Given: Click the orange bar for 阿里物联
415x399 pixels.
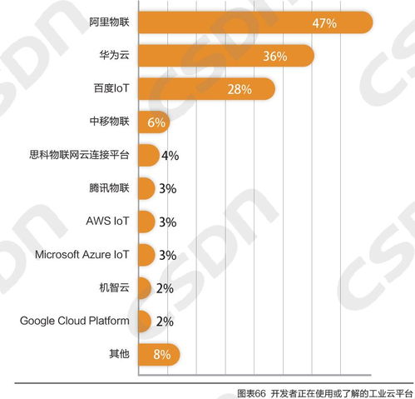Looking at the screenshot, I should (x=249, y=22).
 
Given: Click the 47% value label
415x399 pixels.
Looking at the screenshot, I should (x=324, y=23).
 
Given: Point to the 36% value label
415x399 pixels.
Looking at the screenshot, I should (x=274, y=56).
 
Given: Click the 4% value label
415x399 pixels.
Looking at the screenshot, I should (x=170, y=156).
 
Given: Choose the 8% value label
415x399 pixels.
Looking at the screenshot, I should (x=161, y=355).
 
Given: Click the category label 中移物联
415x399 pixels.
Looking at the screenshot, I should (x=110, y=122).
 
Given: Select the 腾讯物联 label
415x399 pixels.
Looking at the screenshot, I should (x=110, y=188).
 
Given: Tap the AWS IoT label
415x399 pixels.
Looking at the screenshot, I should (x=108, y=222).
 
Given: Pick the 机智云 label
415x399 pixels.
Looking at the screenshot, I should (x=114, y=288).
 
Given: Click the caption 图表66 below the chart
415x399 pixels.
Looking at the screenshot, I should (x=250, y=392).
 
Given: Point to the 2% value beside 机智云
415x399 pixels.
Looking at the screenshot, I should (x=164, y=288).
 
